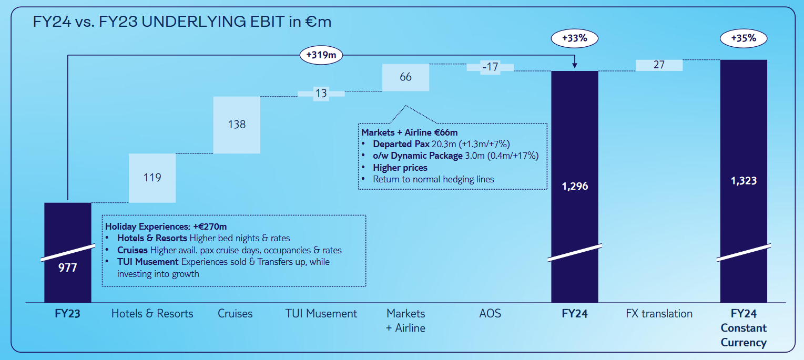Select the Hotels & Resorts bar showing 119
point(152,178)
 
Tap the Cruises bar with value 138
point(237,125)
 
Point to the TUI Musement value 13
point(321,94)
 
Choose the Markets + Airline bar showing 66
point(405,77)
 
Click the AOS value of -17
point(490,67)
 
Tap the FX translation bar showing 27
point(659,65)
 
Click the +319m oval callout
point(321,55)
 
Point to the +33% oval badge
point(575,38)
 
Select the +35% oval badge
point(744,38)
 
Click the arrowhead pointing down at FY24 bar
point(575,65)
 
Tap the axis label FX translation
point(659,314)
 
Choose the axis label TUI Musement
point(321,314)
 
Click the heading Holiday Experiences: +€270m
point(166,227)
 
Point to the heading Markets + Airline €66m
point(410,132)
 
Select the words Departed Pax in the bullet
point(401,144)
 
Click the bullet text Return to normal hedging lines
point(433,179)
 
